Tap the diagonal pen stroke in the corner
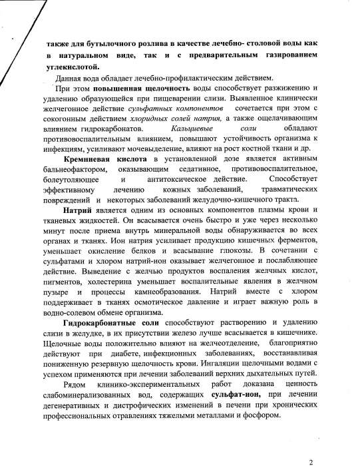(14, 27)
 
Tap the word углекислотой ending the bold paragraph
(71, 66)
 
